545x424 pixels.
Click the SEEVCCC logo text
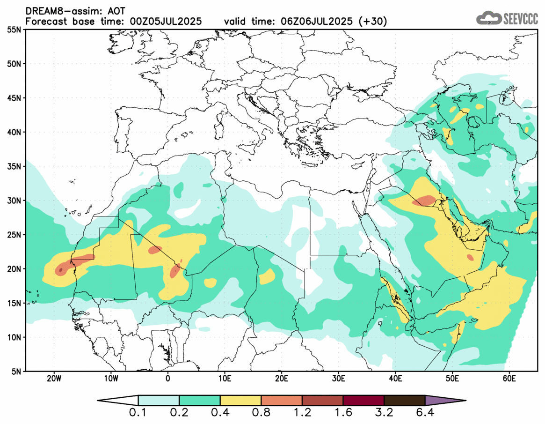coord(520,18)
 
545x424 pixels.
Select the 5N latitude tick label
coord(16,372)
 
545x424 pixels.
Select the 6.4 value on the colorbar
coord(425,413)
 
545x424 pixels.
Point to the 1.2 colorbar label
coord(302,413)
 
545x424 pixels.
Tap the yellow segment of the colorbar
coord(240,401)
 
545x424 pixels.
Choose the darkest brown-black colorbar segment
coord(404,401)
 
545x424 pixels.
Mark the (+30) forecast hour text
coord(372,22)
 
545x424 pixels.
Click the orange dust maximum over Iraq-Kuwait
coord(425,201)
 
